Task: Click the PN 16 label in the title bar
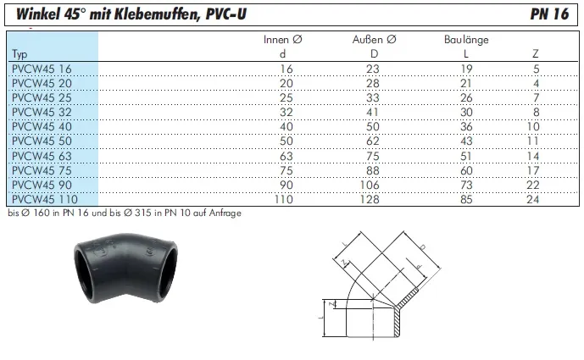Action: tap(549, 14)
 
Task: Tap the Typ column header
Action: tap(19, 54)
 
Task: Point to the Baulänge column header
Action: tap(466, 40)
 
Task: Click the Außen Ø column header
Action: tap(375, 40)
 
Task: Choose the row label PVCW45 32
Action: tap(42, 112)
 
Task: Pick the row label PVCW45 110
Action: tap(45, 199)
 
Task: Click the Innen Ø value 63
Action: tap(286, 156)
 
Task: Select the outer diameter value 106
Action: tap(370, 185)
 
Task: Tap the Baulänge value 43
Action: tap(466, 141)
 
